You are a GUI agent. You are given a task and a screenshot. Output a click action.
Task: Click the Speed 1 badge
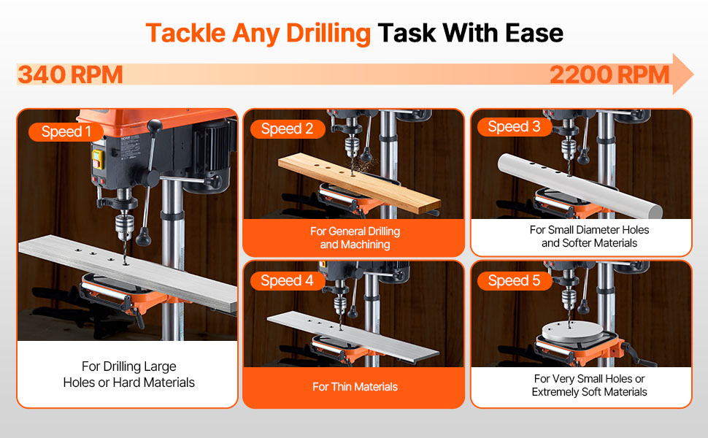coord(66,131)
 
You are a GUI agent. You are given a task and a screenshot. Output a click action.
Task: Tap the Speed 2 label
coord(287,128)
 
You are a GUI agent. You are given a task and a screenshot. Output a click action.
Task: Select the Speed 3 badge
coord(515,126)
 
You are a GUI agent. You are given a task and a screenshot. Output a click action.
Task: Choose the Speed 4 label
coord(287,280)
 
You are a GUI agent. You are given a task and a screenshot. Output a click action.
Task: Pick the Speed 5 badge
coord(515,280)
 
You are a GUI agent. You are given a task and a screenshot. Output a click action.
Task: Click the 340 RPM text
coord(70,74)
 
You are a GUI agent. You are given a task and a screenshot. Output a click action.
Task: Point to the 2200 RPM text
coord(609,74)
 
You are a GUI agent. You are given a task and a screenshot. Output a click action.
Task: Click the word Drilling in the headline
coord(328,34)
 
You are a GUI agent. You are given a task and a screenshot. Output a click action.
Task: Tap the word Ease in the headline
coord(534,33)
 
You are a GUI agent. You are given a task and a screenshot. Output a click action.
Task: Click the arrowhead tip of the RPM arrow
coord(693,74)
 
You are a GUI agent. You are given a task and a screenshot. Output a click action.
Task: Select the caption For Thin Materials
coord(355,387)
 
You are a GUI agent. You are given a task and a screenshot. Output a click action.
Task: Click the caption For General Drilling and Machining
coord(355,238)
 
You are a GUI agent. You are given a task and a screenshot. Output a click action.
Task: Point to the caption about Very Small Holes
coord(589,385)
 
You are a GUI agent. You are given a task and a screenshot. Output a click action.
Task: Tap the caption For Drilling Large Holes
coord(128,374)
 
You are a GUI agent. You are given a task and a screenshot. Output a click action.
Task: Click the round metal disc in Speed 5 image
coord(572,333)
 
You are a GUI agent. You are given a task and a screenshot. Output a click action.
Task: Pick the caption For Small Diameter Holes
coord(589,237)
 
